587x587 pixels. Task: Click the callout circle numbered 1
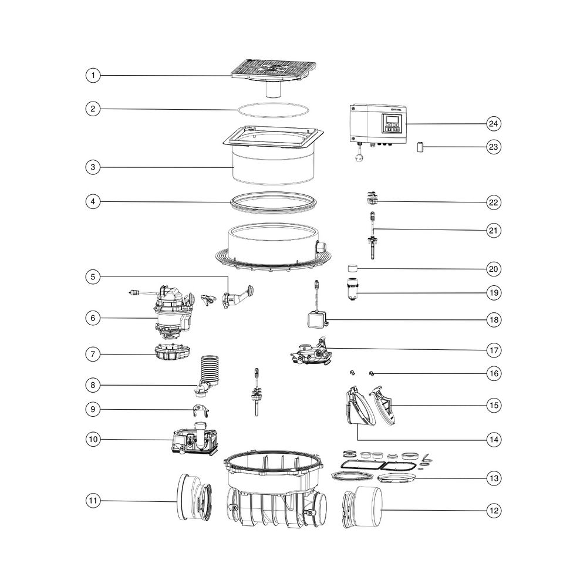pos(93,75)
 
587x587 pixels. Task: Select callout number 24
pos(494,123)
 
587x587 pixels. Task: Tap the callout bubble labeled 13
pos(494,478)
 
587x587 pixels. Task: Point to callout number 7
pos(93,354)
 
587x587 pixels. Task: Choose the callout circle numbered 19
pos(494,293)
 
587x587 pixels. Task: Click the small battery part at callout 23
pos(420,147)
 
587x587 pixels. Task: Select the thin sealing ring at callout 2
pos(274,111)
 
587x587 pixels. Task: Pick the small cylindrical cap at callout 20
pos(352,268)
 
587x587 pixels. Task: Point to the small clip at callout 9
pos(201,411)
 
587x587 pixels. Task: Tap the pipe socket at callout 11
pos(194,497)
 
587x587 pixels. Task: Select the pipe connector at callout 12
pos(362,507)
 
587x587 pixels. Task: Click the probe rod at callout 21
pos(373,235)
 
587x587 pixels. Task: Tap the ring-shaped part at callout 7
pos(172,352)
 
